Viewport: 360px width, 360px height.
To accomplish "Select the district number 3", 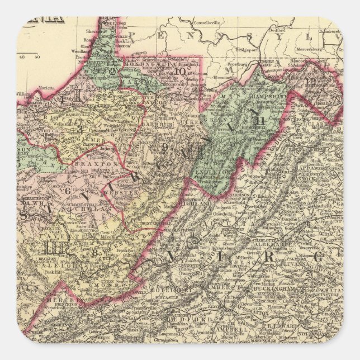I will (x=80, y=130).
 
